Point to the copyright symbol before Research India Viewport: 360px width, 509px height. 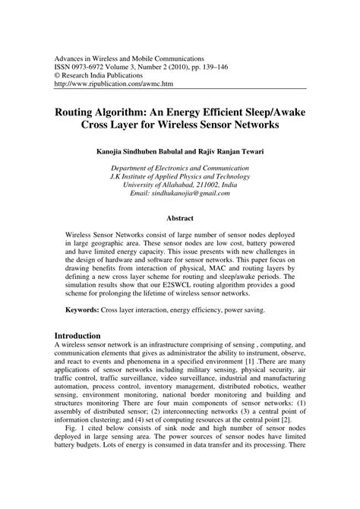pyautogui.click(x=57, y=76)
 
